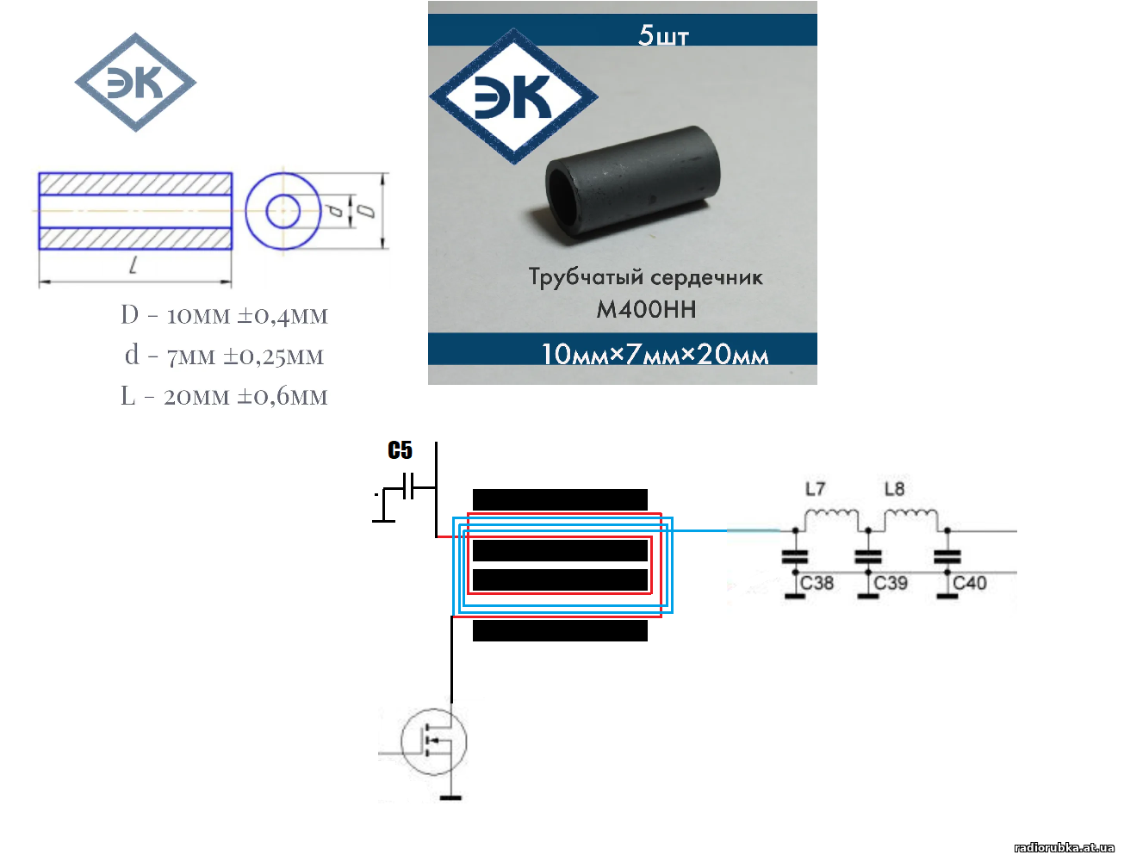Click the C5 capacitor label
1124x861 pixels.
401,450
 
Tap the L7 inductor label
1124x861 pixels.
815,489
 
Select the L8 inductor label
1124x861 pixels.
895,489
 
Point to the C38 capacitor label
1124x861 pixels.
817,583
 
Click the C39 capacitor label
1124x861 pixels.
891,583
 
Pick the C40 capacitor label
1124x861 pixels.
970,583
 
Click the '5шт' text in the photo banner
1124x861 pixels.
663,35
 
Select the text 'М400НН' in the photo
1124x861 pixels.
646,309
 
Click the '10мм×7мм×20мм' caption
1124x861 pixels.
655,354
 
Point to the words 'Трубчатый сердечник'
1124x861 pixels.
645,277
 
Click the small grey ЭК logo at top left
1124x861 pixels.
135,83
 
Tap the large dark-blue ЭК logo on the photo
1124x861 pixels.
513,96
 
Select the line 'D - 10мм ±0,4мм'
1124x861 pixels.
224,315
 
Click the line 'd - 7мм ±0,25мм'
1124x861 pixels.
224,356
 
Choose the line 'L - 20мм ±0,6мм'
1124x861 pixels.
224,396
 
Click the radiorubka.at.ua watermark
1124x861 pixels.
1064,847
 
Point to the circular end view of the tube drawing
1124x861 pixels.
283,211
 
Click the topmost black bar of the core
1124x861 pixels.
560,499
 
